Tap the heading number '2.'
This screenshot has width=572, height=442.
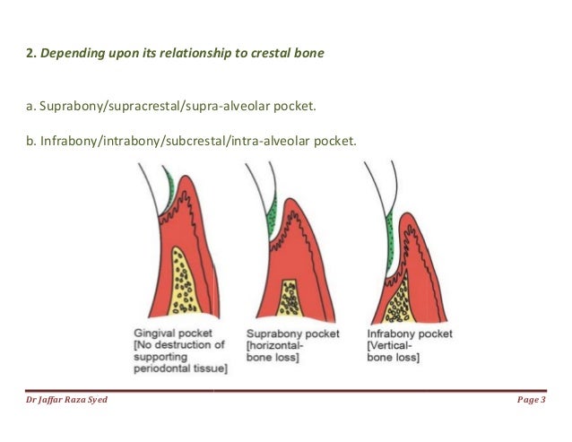tap(29, 55)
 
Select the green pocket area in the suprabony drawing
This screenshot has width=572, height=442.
tap(273, 220)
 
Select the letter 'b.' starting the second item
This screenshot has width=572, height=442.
tap(30, 142)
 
